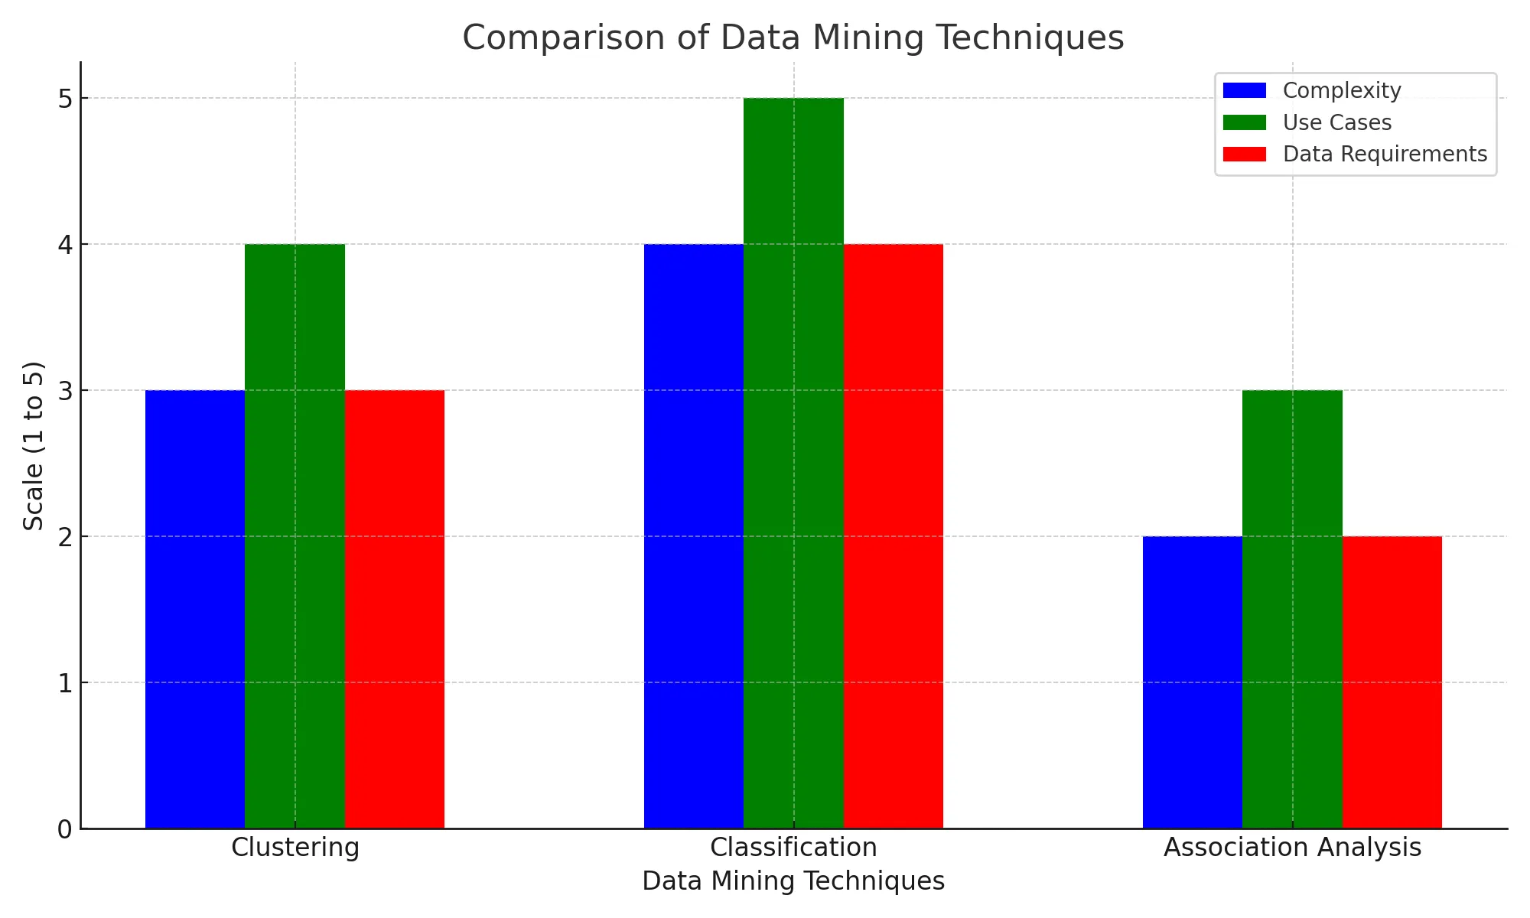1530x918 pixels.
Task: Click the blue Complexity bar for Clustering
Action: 195,609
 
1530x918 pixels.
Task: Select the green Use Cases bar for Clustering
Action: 295,535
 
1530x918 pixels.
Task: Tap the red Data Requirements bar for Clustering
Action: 395,609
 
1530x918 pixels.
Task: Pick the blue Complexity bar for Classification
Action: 694,535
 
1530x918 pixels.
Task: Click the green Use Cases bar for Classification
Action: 793,463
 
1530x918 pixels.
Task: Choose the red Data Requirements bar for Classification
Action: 894,535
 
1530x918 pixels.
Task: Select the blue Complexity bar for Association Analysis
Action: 1193,682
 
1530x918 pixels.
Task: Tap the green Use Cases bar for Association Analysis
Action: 1292,609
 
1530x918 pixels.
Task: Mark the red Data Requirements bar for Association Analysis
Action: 1392,682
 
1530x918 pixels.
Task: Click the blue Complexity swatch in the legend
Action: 1245,91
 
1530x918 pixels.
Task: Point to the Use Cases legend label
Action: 1336,122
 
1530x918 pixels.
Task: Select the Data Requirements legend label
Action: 1385,155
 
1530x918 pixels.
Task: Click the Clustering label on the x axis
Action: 295,848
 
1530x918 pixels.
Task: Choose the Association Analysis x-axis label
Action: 1292,848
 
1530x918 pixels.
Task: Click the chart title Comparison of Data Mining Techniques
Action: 793,37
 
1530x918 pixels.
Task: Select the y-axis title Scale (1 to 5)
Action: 34,445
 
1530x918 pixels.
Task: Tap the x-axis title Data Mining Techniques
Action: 793,881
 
